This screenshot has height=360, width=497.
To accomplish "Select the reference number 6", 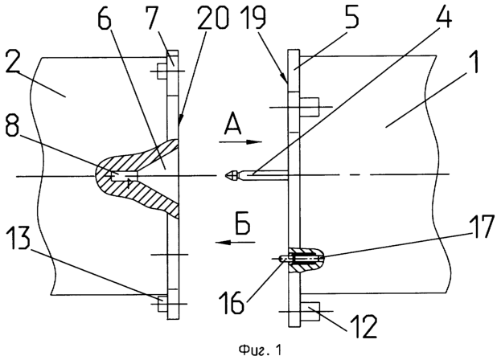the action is (x=104, y=19).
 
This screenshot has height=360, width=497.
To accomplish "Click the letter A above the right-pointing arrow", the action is (x=233, y=124).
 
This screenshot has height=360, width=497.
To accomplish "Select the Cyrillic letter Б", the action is (x=243, y=224).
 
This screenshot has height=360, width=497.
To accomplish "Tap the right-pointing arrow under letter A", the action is (x=240, y=142).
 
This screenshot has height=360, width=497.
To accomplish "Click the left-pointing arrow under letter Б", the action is (x=236, y=242).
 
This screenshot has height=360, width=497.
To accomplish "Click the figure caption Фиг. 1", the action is (x=260, y=350).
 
